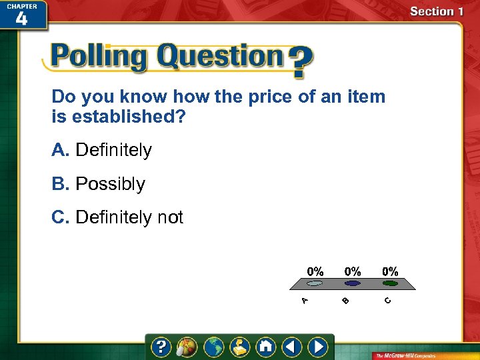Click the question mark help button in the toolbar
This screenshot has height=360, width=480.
click(x=161, y=347)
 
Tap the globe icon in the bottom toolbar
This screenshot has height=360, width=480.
click(x=214, y=347)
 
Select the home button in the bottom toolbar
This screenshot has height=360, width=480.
click(x=266, y=347)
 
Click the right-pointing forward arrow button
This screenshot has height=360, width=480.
click(x=319, y=347)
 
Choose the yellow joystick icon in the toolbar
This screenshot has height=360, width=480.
click(x=240, y=347)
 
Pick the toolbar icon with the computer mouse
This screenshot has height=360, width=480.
click(x=187, y=347)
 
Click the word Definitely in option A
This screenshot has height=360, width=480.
click(x=113, y=151)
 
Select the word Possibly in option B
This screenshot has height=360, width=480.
click(x=110, y=184)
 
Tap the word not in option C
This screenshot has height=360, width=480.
click(x=170, y=217)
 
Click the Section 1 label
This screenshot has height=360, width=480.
click(x=436, y=11)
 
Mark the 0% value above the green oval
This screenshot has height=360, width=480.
click(x=390, y=271)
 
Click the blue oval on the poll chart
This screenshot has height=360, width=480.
click(x=352, y=283)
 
